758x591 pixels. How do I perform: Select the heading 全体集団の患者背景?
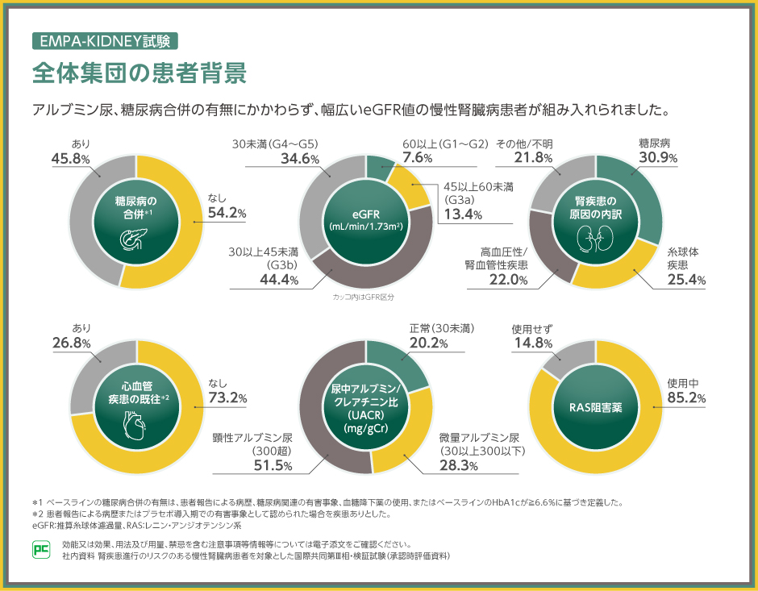[139, 73]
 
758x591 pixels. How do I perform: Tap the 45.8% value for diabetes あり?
[69, 159]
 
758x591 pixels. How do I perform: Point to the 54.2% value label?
[227, 213]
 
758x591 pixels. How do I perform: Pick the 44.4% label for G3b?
[278, 280]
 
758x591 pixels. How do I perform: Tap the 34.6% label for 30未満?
[300, 158]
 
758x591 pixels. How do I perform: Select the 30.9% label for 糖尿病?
[657, 157]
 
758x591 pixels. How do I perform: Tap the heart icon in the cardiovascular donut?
[134, 425]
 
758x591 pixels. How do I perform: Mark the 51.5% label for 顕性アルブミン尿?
[273, 465]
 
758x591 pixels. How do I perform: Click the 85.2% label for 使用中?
[687, 398]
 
